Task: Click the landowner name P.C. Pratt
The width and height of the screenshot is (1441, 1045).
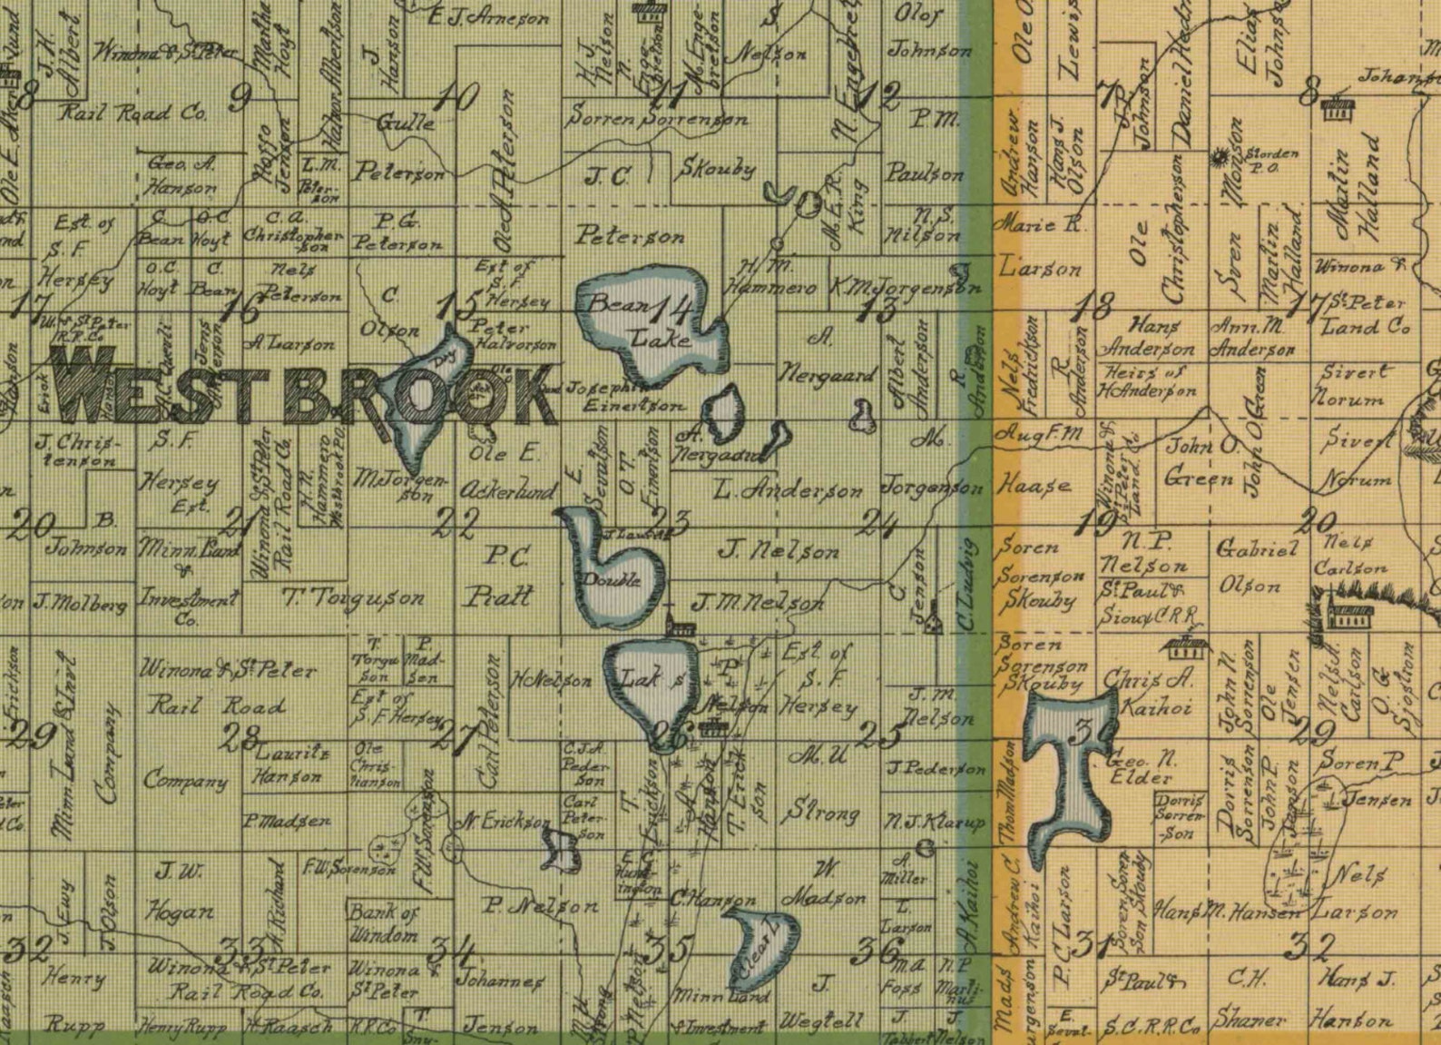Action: [x=497, y=577]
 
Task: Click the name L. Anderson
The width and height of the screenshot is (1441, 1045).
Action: [x=787, y=491]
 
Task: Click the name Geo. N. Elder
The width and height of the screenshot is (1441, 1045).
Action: [x=1140, y=765]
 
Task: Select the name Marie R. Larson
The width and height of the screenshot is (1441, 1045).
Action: [x=1039, y=245]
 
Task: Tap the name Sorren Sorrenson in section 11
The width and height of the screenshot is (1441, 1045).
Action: [x=658, y=118]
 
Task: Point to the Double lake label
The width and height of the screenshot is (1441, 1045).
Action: [x=613, y=580]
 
